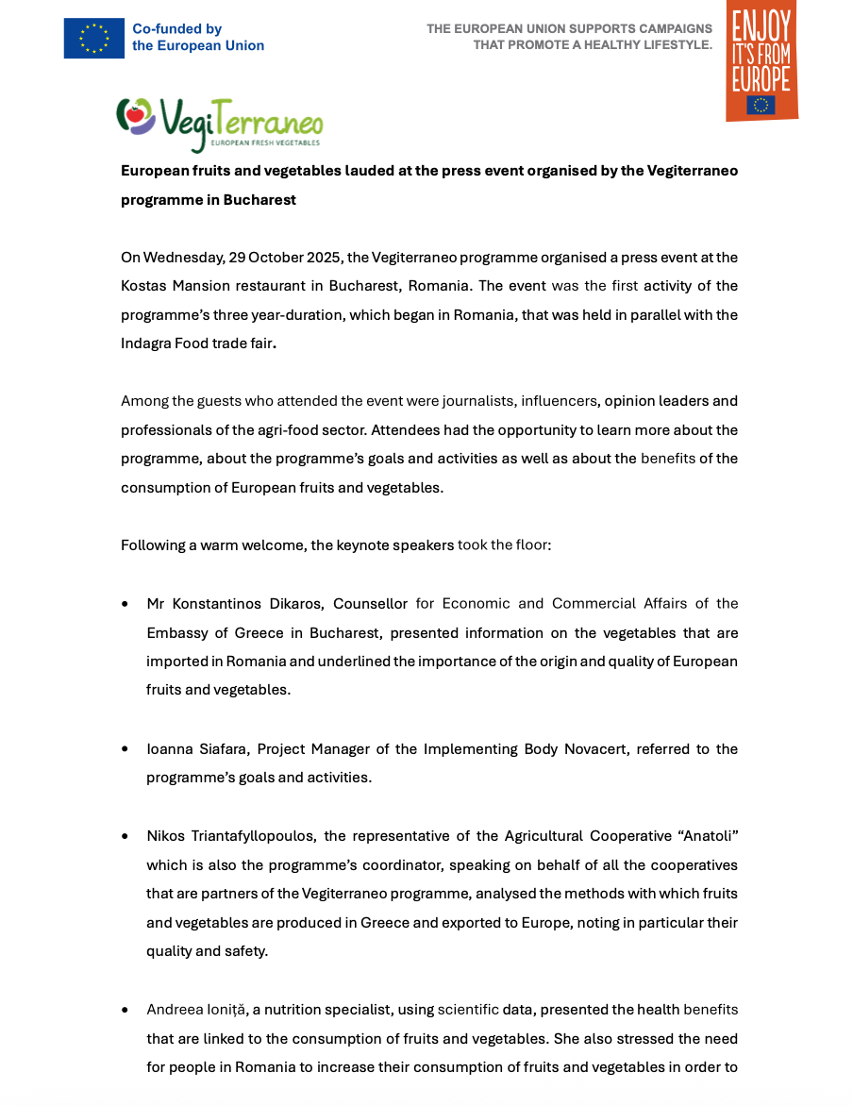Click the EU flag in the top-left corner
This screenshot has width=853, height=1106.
(94, 38)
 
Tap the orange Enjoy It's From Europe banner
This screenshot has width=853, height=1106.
(761, 59)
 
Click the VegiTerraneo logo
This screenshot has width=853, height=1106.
(220, 124)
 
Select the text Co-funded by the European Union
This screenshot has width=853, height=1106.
(198, 38)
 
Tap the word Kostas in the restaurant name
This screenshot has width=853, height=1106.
(143, 286)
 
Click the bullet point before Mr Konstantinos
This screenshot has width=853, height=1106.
(125, 604)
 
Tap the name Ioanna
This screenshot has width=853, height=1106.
(171, 749)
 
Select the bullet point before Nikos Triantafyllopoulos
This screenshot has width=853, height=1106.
(125, 836)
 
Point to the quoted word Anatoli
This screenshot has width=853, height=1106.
(707, 836)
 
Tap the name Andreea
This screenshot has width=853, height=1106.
(173, 1010)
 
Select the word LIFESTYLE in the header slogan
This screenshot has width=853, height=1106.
(673, 44)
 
